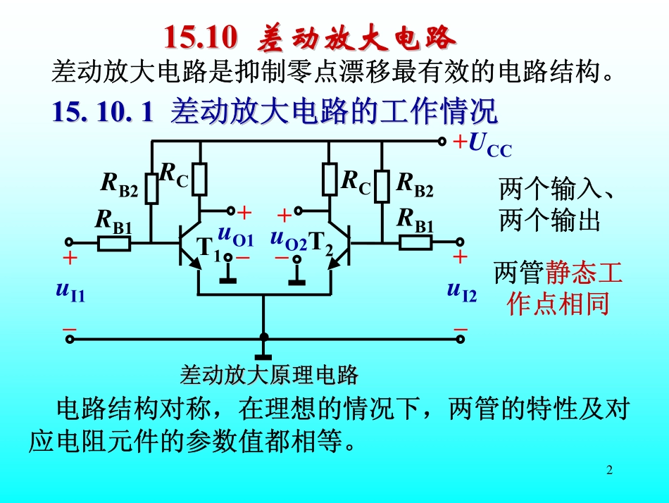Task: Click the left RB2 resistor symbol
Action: pyautogui.click(x=152, y=189)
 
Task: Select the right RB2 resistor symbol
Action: pyautogui.click(x=382, y=185)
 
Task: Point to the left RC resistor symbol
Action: pyautogui.click(x=200, y=179)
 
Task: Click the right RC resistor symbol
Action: pyautogui.click(x=330, y=179)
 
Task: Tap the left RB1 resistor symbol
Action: pyautogui.click(x=114, y=244)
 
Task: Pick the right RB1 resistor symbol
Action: pyautogui.click(x=415, y=243)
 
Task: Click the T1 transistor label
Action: pyautogui.click(x=207, y=248)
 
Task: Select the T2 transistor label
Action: pyautogui.click(x=323, y=244)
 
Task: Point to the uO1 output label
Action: pyautogui.click(x=235, y=235)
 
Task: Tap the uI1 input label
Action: pyautogui.click(x=70, y=290)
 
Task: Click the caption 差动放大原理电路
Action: pyautogui.click(x=270, y=374)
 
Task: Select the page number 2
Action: pyautogui.click(x=610, y=470)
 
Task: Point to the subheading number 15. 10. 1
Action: pyautogui.click(x=102, y=113)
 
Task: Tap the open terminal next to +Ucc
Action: pyautogui.click(x=442, y=142)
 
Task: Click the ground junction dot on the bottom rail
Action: pyautogui.click(x=264, y=337)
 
